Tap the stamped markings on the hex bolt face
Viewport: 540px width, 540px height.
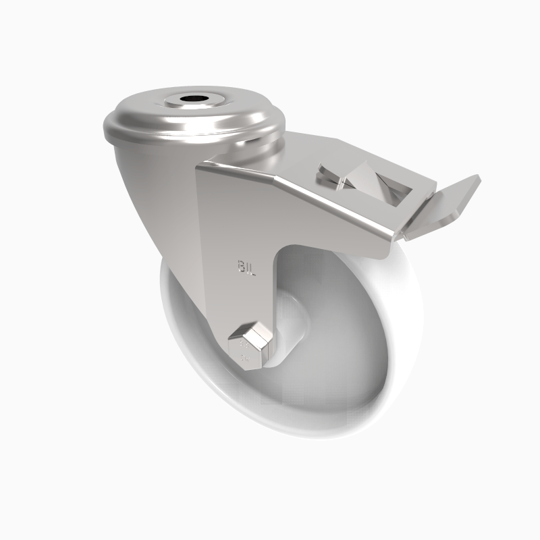pos(244,351)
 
